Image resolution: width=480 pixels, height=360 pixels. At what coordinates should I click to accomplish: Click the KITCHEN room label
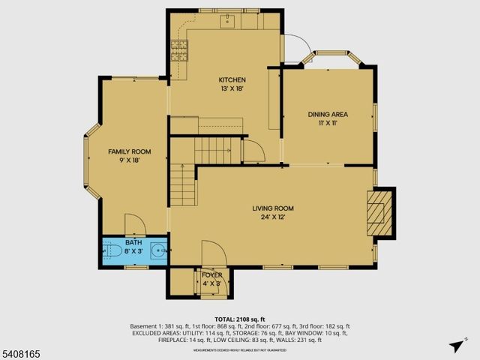pos(232,79)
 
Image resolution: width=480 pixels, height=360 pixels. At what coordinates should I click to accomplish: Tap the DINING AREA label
pos(328,115)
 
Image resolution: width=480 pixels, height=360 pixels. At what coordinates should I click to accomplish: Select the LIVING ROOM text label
pos(272,208)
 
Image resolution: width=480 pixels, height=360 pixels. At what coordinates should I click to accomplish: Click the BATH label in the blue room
pos(133,242)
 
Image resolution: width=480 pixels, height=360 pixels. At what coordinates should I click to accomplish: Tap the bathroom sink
pos(158,251)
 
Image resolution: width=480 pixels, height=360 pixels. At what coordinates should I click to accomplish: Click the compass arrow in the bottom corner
pos(454,346)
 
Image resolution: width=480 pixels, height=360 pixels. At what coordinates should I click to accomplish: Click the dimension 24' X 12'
pos(272,217)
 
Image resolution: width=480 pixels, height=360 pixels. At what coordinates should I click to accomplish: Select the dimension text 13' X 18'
pos(232,88)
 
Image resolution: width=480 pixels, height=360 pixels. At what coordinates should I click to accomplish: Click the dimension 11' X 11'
pos(328,124)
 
